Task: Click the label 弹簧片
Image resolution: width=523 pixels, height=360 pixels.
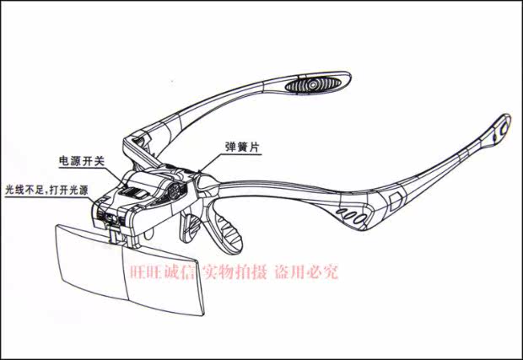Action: coord(243,146)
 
